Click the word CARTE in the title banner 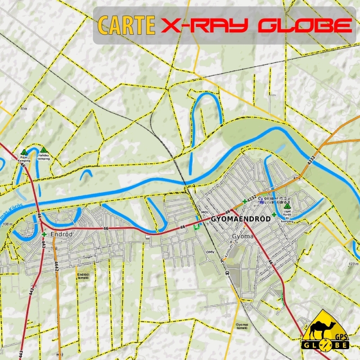[126, 26]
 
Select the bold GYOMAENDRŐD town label [240, 219]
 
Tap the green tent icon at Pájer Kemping [23, 153]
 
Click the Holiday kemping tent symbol [44, 150]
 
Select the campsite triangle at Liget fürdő [287, 206]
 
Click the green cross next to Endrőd [44, 234]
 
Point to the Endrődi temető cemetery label [83, 276]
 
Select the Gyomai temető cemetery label [242, 326]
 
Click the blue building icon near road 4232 [262, 201]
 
